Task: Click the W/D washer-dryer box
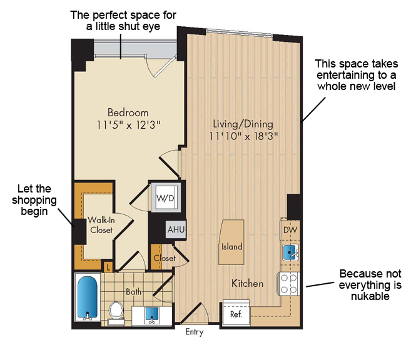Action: point(166,197)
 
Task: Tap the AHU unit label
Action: point(176,229)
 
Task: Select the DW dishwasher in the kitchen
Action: point(290,229)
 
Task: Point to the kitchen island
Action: point(231,242)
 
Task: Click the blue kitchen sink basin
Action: point(290,252)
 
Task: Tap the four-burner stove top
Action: point(288,284)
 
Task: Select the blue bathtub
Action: point(88,297)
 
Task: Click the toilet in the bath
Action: point(116,313)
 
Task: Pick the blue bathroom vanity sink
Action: point(152,314)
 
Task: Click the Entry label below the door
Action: point(194,332)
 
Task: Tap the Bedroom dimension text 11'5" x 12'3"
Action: point(128,124)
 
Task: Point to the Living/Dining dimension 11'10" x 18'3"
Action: point(243,136)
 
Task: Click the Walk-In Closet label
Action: point(101,225)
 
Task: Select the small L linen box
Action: point(108,267)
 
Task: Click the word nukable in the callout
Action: point(370,296)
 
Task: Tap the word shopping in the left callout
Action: point(34,201)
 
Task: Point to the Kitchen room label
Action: point(247,283)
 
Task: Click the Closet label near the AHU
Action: point(165,258)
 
